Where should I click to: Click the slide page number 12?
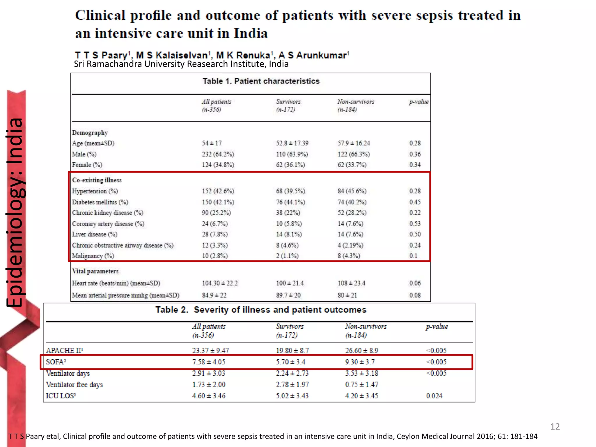555,427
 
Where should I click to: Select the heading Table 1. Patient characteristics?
261,81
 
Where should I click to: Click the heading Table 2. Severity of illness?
261,310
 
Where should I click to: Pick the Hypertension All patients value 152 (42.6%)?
218,191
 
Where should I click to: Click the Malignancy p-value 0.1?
413,256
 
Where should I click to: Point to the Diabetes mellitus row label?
100,202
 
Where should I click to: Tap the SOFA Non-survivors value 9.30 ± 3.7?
360,362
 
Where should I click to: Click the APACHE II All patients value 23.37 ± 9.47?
210,350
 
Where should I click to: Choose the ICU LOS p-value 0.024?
434,396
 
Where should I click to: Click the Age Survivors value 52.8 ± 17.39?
292,143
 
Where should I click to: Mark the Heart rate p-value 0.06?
415,283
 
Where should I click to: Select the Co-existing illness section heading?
97,180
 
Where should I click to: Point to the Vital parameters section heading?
95,271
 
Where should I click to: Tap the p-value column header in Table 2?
437,327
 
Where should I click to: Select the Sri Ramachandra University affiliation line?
181,64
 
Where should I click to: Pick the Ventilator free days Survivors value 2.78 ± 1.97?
292,384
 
